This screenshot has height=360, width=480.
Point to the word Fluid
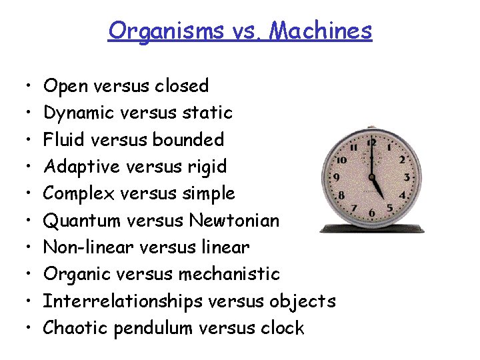coord(61,139)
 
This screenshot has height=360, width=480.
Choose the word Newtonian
coord(234,220)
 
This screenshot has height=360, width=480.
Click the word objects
coord(303,301)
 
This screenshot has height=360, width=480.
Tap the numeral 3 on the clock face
coord(407,178)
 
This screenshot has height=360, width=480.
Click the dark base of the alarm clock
coord(372,229)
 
